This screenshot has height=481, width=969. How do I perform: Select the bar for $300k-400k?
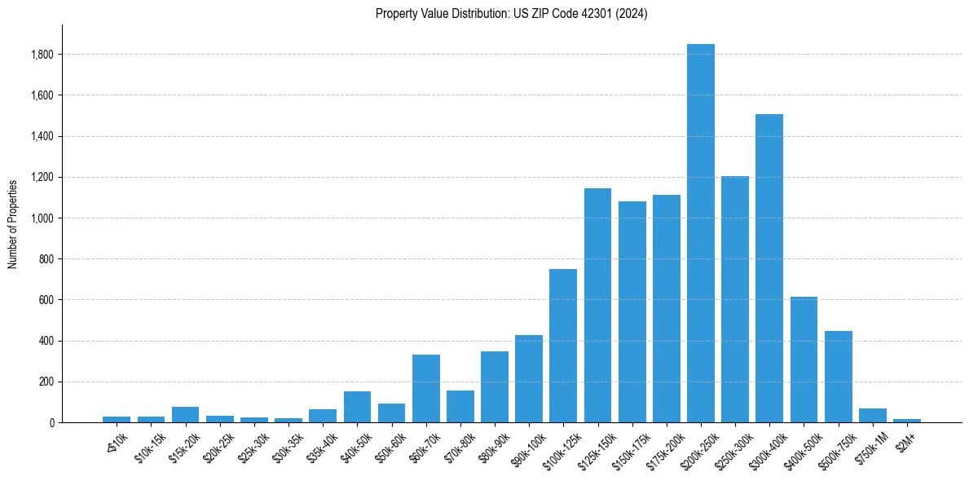pos(769,268)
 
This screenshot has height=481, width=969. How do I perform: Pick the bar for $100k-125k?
pos(563,346)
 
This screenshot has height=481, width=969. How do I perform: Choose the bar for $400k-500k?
pos(804,360)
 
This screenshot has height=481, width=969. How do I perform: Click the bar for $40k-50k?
pos(357,407)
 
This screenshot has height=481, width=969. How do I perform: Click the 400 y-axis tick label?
pos(47,341)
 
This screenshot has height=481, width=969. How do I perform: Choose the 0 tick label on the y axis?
pos(51,423)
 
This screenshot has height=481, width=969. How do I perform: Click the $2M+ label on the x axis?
pos(905,433)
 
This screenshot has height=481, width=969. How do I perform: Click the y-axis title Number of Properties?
pos(13,224)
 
